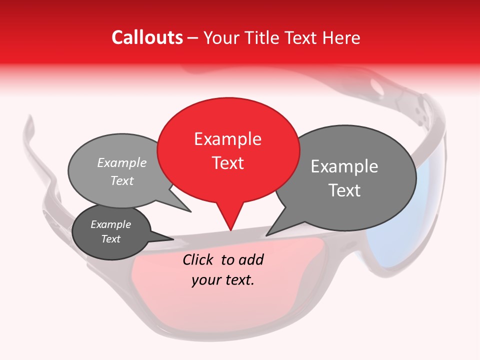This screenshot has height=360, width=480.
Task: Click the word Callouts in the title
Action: pos(147,37)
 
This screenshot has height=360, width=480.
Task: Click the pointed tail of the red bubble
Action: pos(230,220)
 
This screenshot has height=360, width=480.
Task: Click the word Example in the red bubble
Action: pos(227,139)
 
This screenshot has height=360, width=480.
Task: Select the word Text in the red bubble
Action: pos(227,163)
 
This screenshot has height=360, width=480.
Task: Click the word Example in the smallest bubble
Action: pos(110,224)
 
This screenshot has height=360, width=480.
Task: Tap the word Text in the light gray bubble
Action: pos(121,180)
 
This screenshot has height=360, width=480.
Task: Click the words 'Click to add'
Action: pos(223,259)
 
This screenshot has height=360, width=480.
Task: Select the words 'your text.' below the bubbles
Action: pos(223,280)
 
